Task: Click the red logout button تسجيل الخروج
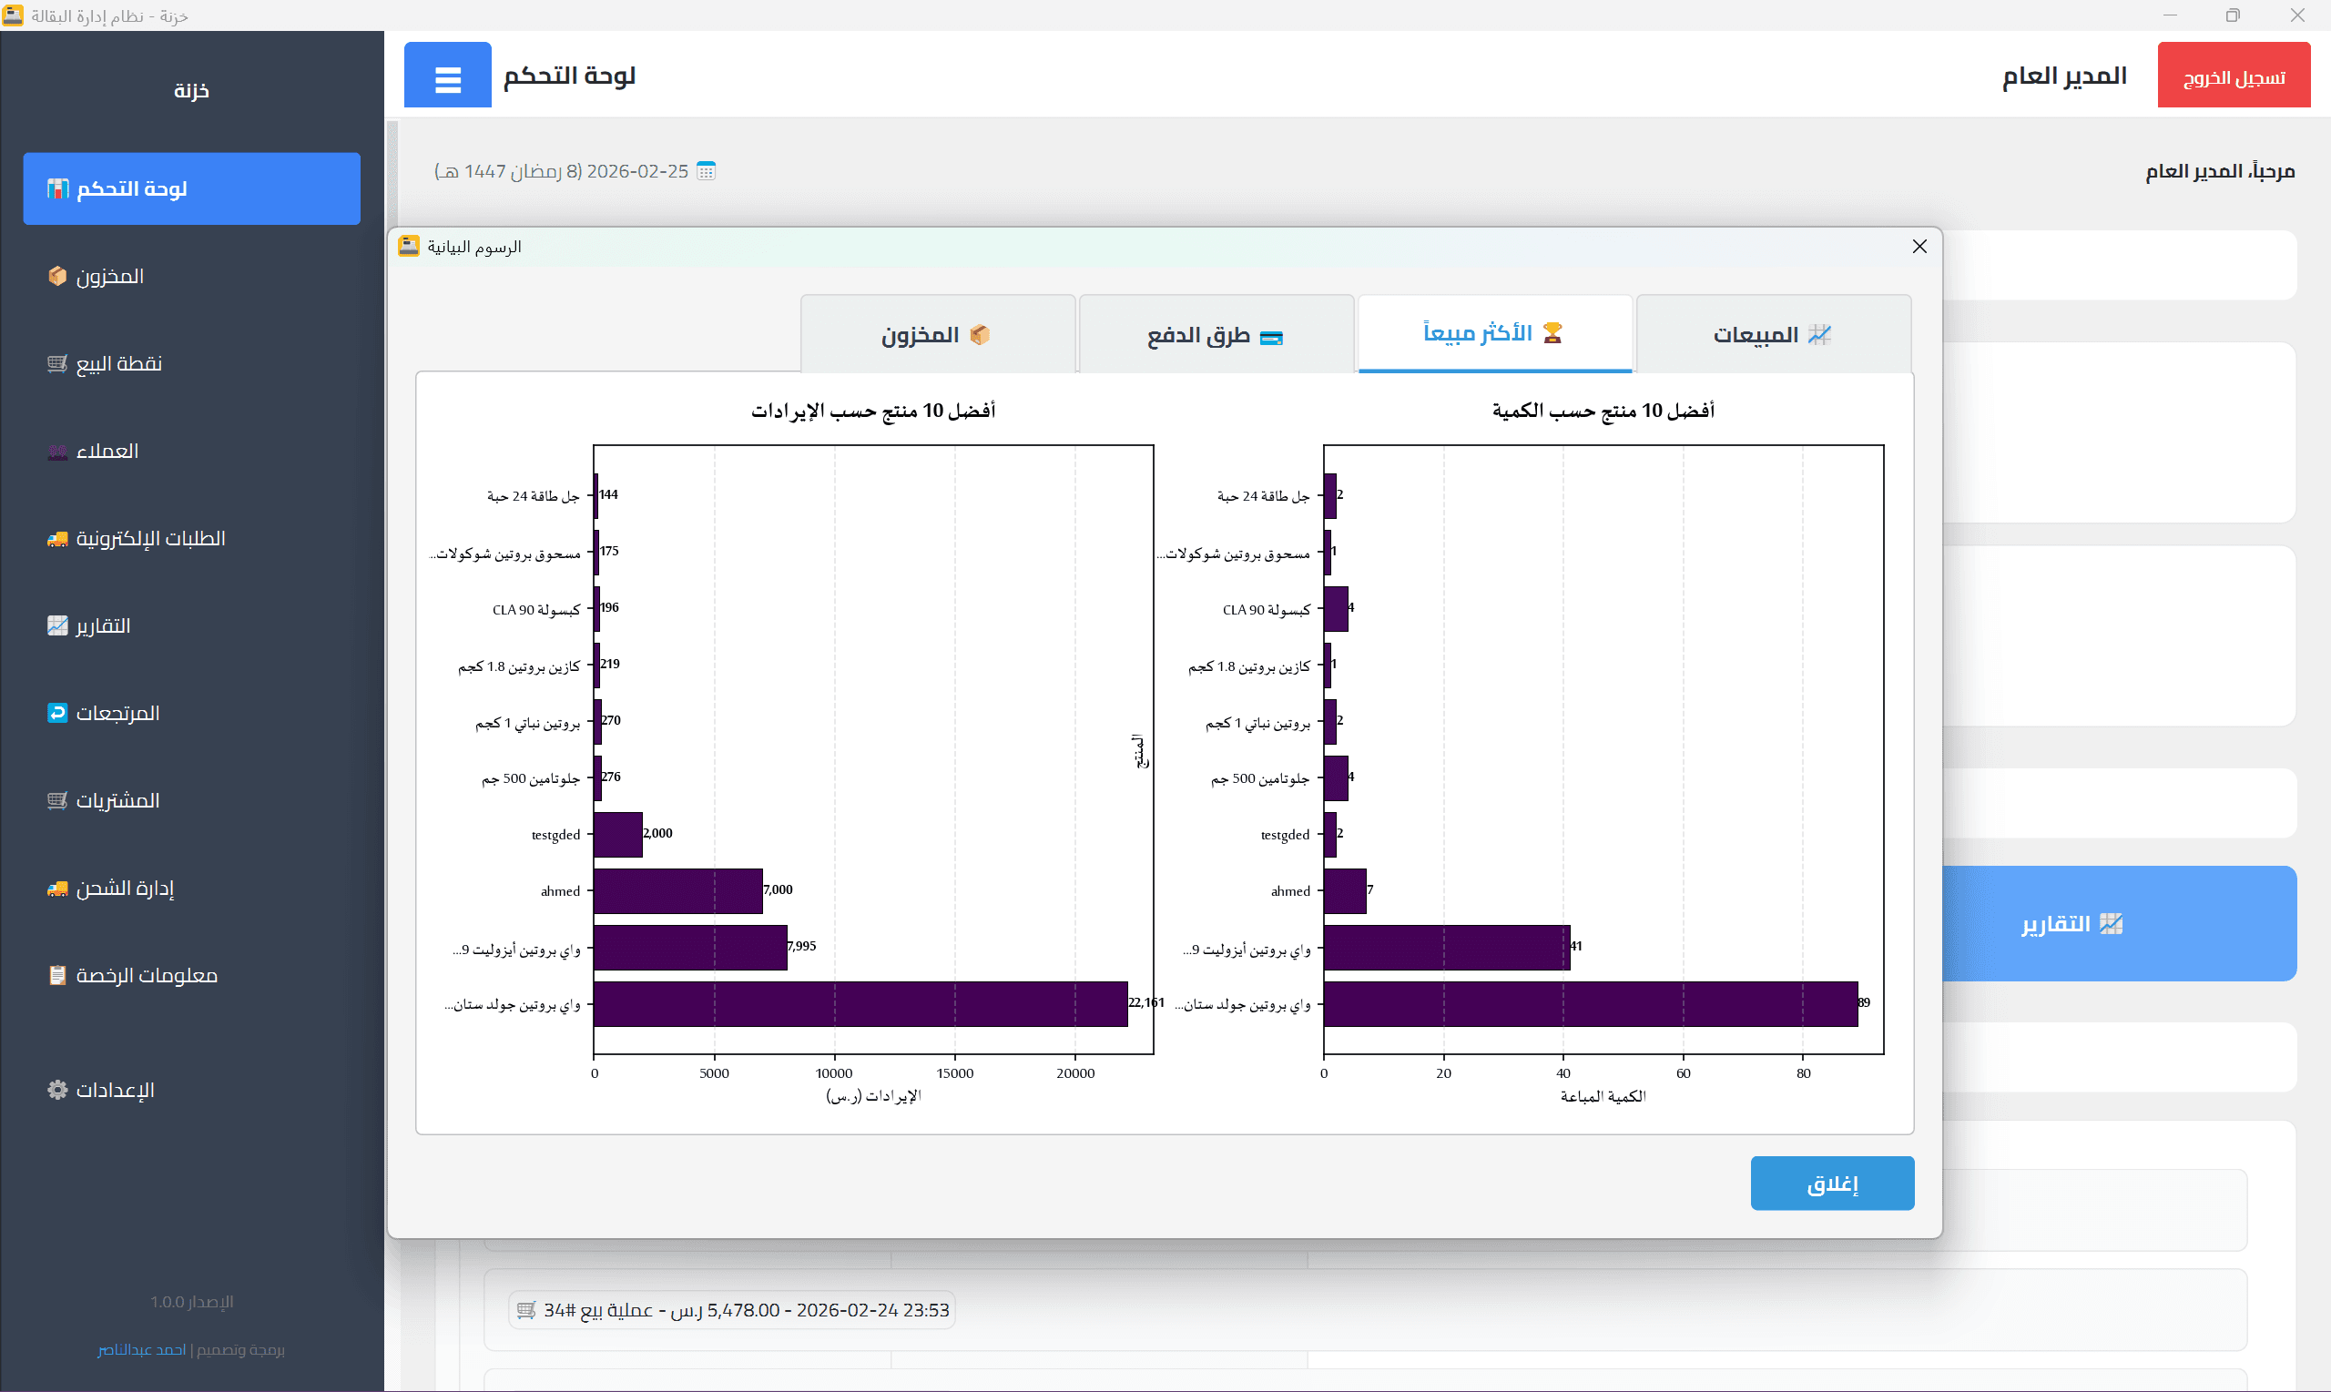(x=2233, y=76)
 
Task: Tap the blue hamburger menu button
(x=447, y=76)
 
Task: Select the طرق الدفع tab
(x=1215, y=335)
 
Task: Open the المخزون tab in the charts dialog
(x=936, y=335)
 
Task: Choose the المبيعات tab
(x=1772, y=335)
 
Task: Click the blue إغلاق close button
(x=1831, y=1183)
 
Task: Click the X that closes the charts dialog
(x=1919, y=246)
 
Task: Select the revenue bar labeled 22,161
(x=860, y=1003)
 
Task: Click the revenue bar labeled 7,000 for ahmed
(x=677, y=890)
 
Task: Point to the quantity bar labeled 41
(x=1446, y=948)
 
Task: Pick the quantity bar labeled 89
(x=1590, y=1003)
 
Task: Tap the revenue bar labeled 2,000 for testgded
(x=617, y=834)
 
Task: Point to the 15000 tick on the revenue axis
(x=955, y=1073)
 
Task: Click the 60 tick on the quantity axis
(x=1683, y=1073)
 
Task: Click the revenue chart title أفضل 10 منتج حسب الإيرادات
(x=872, y=411)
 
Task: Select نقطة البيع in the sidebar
(x=119, y=364)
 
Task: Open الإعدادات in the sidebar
(x=115, y=1090)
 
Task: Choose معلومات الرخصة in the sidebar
(x=147, y=976)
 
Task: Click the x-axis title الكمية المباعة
(x=1603, y=1096)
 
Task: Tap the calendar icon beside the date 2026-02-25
(x=707, y=171)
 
